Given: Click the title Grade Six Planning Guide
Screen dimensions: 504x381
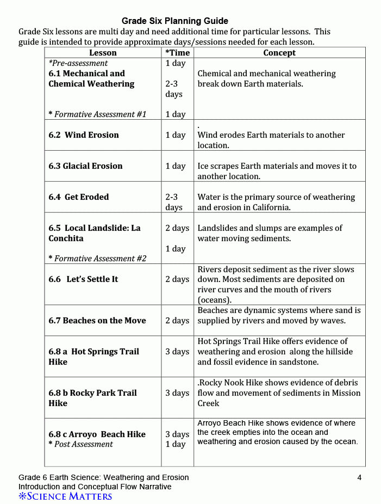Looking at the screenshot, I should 174,21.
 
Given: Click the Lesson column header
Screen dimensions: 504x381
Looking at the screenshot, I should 103,53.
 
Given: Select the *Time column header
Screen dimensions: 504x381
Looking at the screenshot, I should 177,53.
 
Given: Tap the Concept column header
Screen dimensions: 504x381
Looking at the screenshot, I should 279,53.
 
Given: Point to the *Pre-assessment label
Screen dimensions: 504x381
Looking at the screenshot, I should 78,63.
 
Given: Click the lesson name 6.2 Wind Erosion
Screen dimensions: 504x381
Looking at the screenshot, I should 84,135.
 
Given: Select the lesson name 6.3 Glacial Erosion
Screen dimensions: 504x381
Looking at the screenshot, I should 85,166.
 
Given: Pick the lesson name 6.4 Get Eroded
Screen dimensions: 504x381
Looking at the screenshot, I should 79,197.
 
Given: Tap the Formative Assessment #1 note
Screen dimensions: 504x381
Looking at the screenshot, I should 98,114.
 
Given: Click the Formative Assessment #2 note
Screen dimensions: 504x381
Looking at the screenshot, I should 98,259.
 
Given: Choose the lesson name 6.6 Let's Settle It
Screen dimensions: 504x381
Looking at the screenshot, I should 83,279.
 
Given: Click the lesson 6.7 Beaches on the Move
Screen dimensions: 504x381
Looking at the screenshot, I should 97,321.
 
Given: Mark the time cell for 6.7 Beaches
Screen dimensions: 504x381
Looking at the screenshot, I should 177,321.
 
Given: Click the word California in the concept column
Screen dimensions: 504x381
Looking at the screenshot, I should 271,207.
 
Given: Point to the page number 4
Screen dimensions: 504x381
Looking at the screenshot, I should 359,478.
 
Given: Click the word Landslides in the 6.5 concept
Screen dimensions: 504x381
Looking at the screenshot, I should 217,228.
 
